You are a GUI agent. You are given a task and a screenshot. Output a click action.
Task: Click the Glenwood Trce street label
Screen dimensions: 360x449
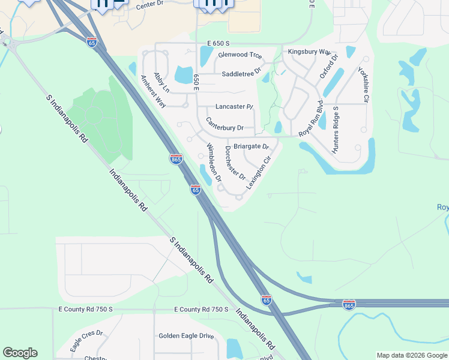click(x=240, y=55)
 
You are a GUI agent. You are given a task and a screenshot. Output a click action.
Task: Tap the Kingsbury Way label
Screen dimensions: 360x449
click(x=309, y=52)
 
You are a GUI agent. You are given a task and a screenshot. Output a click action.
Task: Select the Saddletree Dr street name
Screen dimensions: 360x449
click(x=242, y=73)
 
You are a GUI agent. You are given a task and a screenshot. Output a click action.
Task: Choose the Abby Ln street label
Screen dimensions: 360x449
click(x=162, y=83)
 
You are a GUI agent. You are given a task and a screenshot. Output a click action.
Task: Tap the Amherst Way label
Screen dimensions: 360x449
click(x=152, y=91)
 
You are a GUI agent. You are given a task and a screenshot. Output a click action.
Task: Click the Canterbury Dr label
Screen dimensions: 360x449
click(x=224, y=124)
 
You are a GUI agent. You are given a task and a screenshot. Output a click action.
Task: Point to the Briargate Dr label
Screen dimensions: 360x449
click(x=251, y=146)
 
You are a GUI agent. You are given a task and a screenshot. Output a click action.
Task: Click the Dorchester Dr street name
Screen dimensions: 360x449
click(x=235, y=163)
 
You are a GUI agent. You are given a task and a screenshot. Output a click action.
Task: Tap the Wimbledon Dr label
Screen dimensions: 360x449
click(x=214, y=163)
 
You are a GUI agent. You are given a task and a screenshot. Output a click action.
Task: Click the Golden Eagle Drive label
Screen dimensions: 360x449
click(x=186, y=336)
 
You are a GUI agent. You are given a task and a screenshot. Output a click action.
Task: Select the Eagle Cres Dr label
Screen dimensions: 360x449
click(x=86, y=341)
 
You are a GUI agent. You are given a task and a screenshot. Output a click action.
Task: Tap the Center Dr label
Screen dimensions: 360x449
click(x=150, y=6)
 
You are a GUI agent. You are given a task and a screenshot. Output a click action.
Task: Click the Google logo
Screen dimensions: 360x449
click(x=20, y=353)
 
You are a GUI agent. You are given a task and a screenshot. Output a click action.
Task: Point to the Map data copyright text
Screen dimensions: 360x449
click(x=412, y=355)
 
